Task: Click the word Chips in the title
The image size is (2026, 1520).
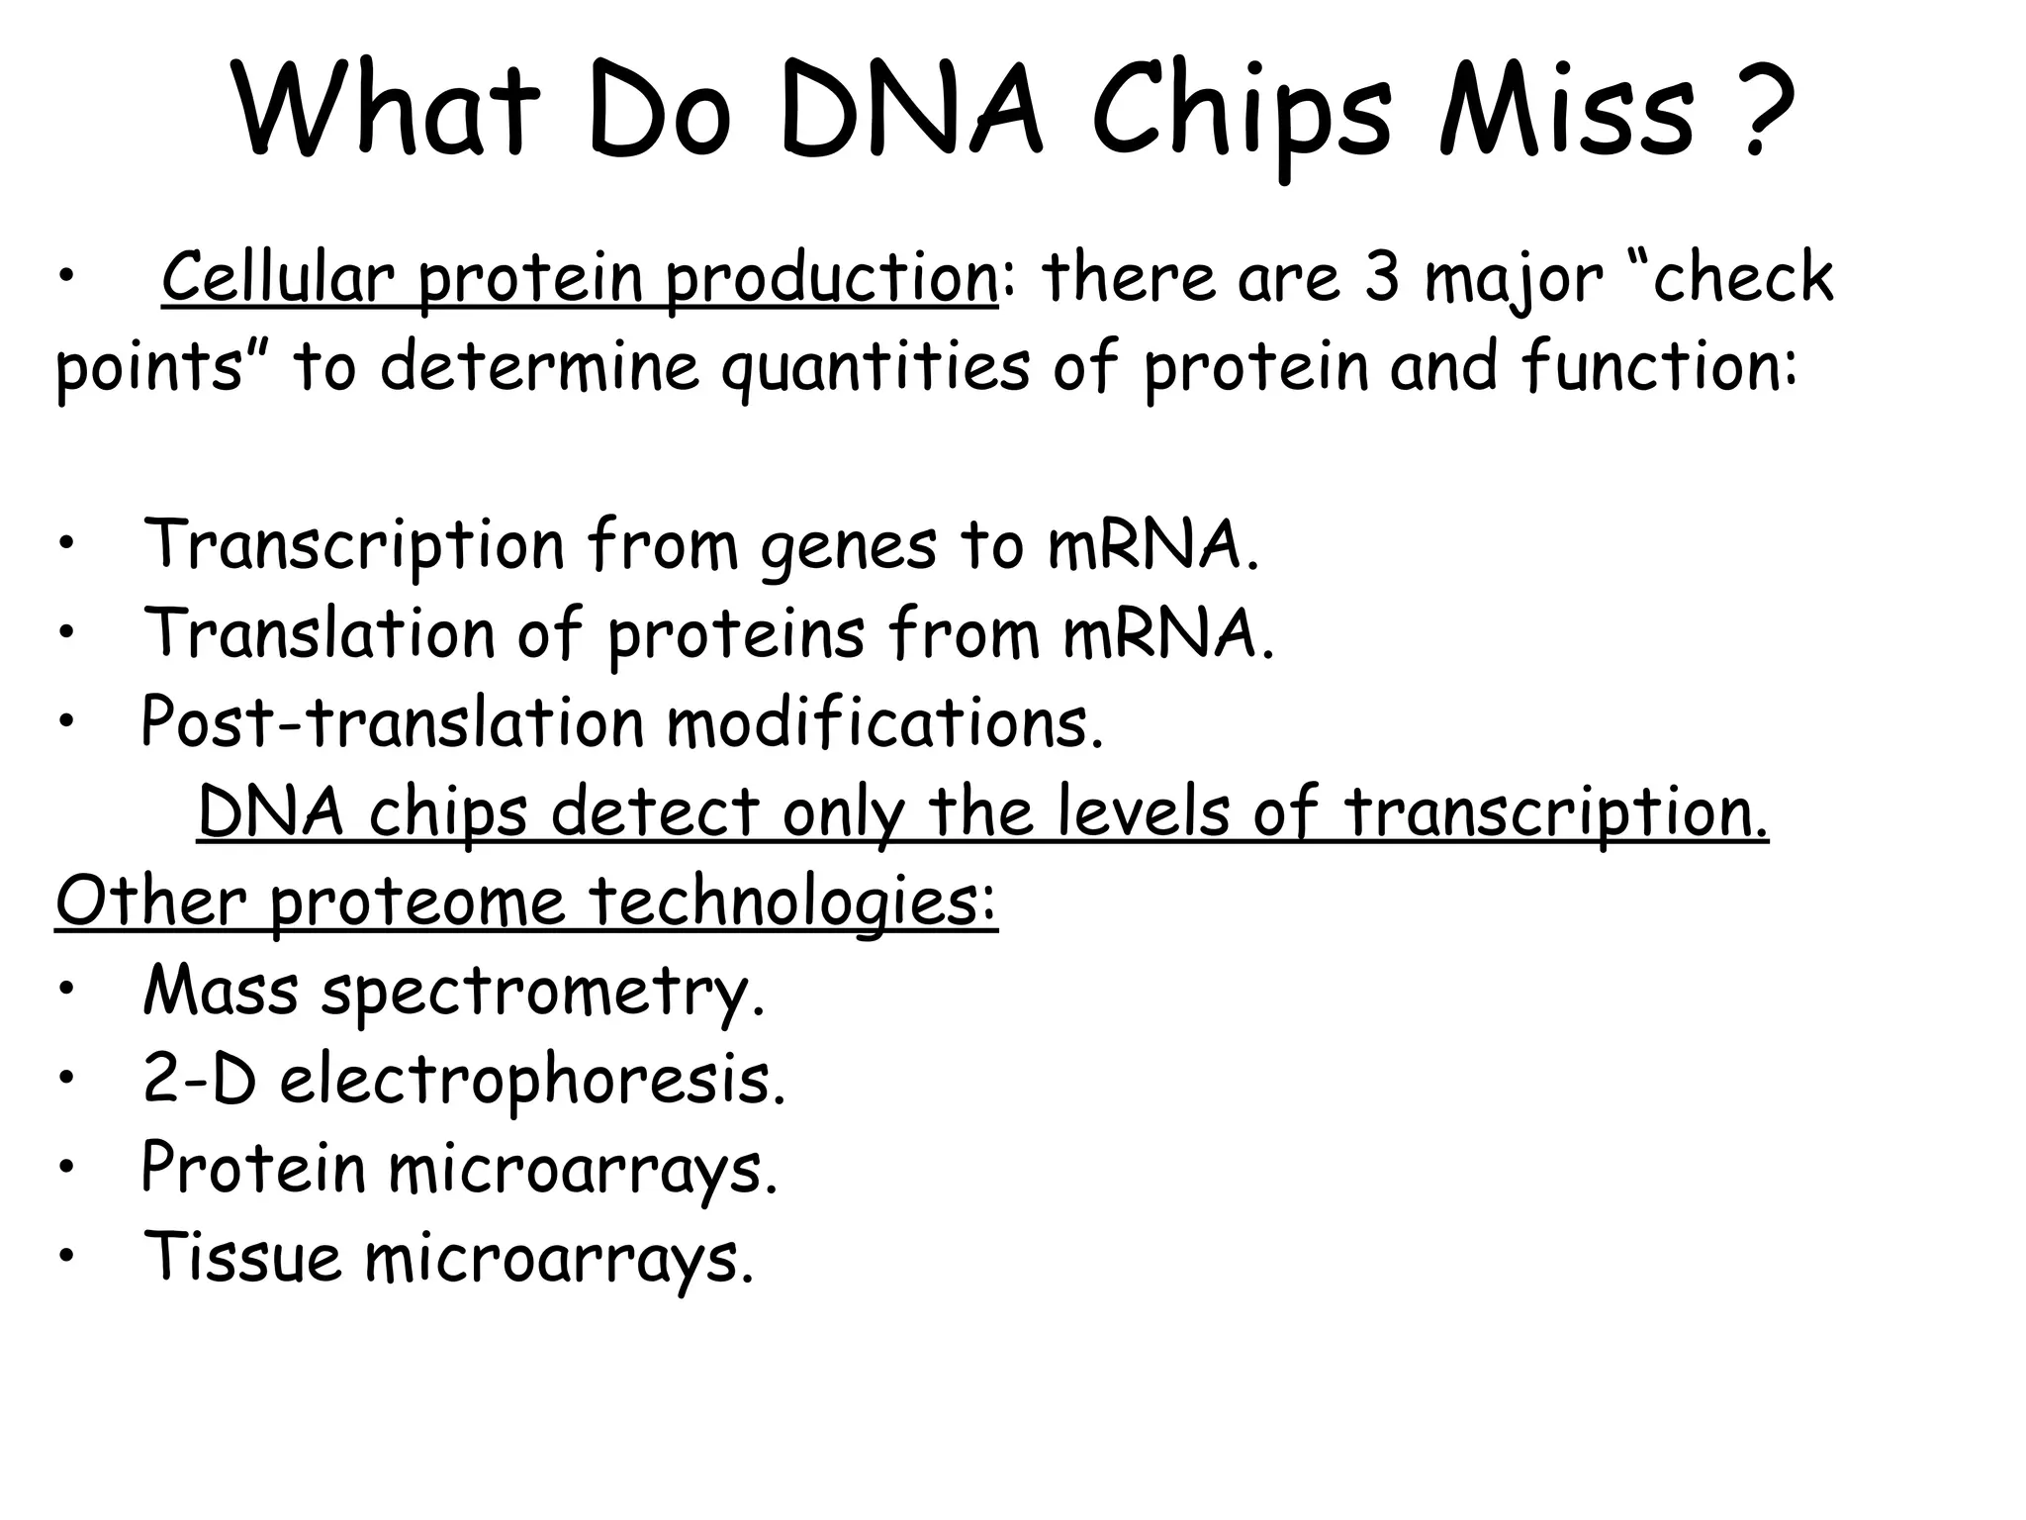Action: [1243, 114]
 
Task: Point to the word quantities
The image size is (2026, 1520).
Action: [875, 368]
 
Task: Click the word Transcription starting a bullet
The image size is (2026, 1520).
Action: [353, 546]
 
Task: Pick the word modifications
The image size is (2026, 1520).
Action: [884, 722]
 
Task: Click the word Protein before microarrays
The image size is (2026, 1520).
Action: [253, 1168]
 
